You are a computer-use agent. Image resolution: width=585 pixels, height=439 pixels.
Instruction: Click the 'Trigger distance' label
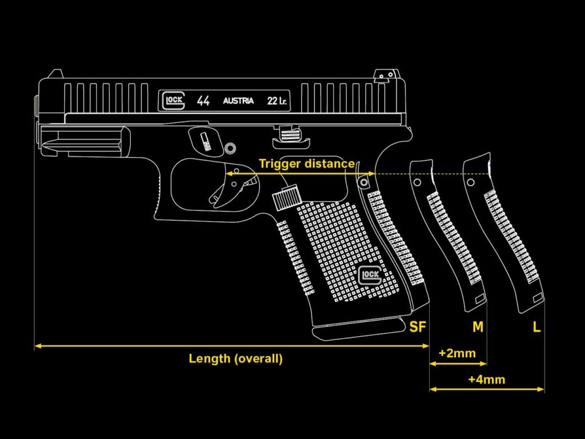[307, 163]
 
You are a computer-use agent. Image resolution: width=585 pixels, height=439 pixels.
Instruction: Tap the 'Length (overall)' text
[235, 359]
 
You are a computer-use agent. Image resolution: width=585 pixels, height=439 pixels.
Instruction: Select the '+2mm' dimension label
[457, 353]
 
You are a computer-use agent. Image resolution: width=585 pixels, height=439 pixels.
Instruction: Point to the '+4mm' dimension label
[486, 379]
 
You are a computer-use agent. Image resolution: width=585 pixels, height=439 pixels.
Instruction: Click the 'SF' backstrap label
[418, 327]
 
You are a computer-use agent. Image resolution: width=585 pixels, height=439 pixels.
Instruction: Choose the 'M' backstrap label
[478, 327]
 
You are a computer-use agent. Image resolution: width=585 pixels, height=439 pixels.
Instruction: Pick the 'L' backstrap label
[536, 327]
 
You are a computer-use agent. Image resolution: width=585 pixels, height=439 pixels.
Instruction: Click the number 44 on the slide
[203, 101]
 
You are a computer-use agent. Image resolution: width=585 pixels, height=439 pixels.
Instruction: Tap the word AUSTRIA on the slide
[238, 101]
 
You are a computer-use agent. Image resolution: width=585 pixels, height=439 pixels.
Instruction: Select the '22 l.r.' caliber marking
[277, 101]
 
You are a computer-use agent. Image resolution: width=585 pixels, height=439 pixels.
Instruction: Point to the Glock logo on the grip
[371, 276]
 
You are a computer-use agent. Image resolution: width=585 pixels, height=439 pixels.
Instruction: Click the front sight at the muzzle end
[55, 74]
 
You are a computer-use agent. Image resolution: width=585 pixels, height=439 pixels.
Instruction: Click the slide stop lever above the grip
[292, 133]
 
